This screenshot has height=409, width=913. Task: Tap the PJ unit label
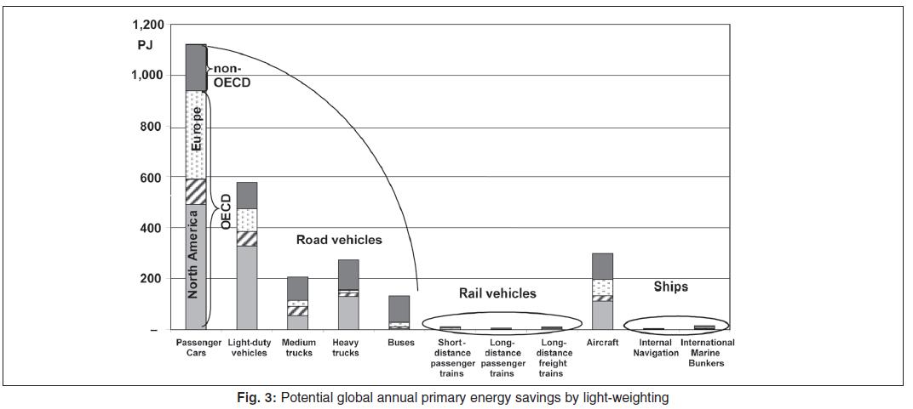[145, 45]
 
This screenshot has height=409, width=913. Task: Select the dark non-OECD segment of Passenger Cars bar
[196, 67]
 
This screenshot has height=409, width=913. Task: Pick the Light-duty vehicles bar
[247, 256]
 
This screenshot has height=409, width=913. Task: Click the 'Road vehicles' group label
[339, 240]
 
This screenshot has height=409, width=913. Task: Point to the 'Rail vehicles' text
[497, 293]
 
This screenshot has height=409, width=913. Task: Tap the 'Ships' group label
[670, 287]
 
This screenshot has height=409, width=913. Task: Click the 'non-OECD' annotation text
[232, 77]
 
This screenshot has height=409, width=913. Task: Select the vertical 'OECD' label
[227, 212]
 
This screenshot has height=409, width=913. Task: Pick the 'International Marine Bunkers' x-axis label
[707, 353]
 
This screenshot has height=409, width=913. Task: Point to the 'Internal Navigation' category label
[656, 348]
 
